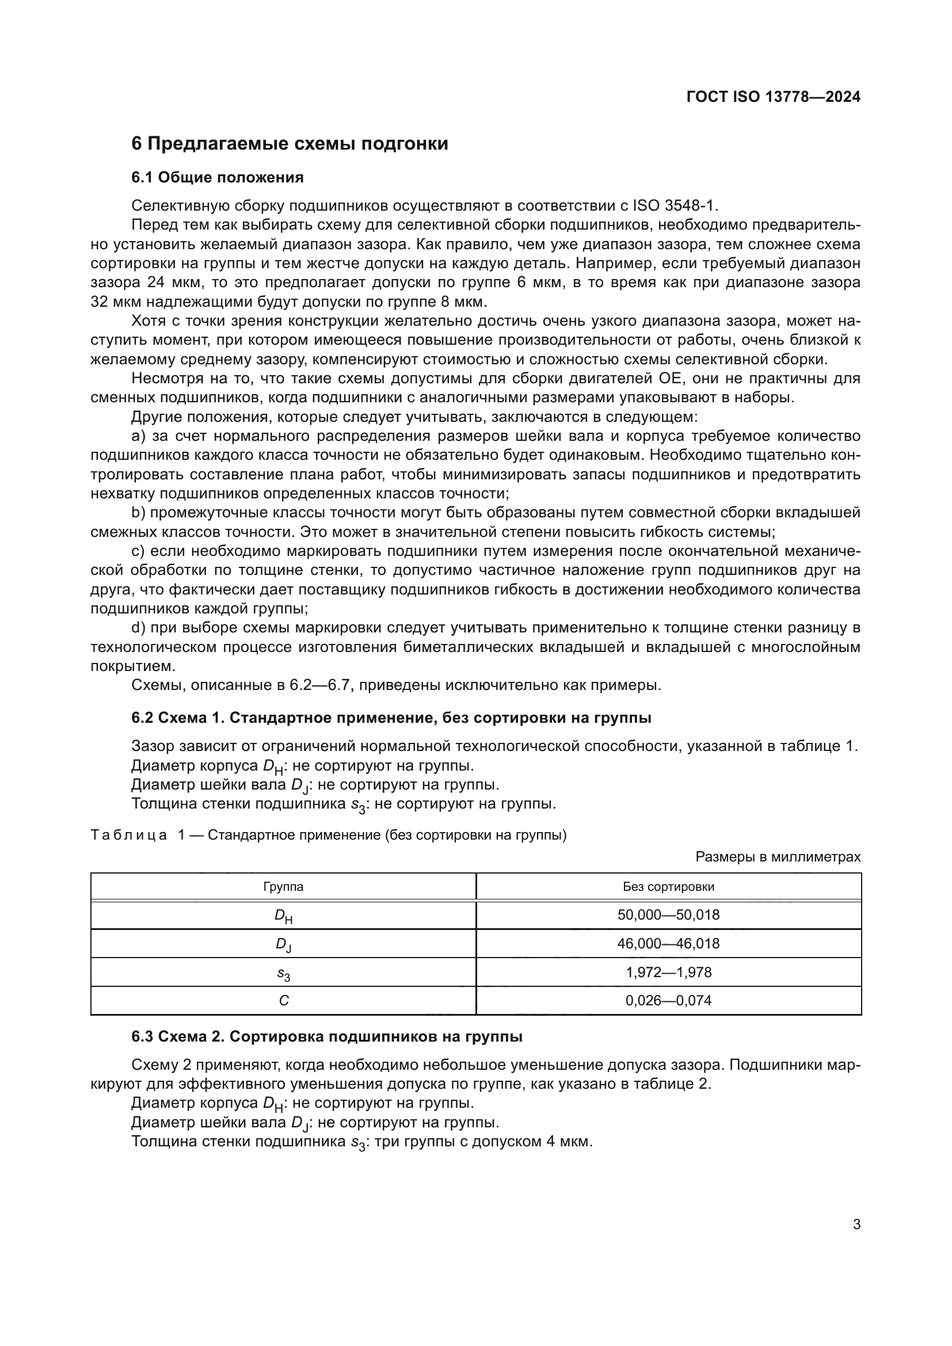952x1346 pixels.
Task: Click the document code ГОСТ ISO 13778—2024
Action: [773, 97]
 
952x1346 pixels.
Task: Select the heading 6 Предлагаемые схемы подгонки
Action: [290, 144]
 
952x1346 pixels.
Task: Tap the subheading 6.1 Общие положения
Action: [218, 178]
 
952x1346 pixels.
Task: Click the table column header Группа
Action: [283, 886]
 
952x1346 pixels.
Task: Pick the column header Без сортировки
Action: [668, 886]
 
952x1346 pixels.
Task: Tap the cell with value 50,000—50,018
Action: [668, 915]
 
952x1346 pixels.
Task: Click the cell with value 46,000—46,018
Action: [668, 944]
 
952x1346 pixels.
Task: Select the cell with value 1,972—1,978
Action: [668, 972]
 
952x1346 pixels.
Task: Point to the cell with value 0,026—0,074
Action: [668, 1000]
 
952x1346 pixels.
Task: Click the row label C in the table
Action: [284, 1001]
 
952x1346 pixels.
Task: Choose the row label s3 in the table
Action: [284, 973]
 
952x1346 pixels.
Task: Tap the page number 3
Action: [856, 1225]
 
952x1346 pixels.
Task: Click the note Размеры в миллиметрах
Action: [778, 857]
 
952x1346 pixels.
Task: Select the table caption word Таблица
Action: [129, 835]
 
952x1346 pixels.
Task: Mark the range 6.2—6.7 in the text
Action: [321, 685]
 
